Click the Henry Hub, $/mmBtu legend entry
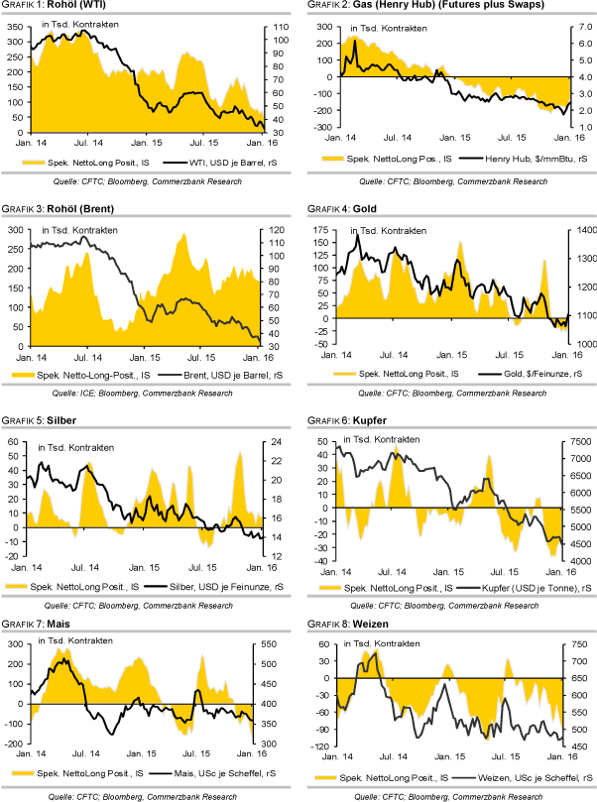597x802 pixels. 530,159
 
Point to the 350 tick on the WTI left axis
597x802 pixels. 17,27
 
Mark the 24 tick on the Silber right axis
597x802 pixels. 274,442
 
